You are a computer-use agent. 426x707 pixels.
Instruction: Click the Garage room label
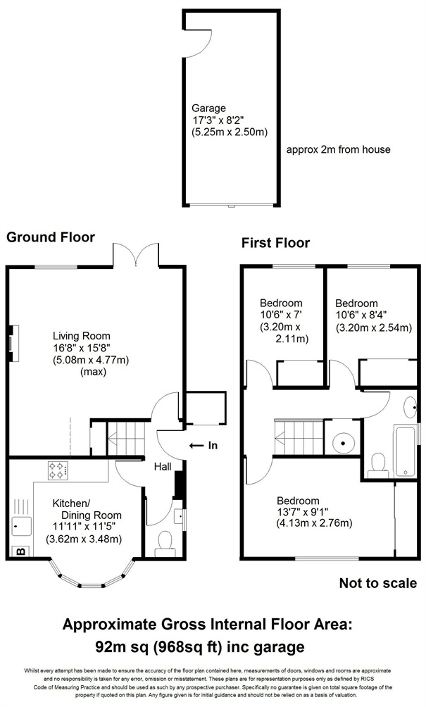click(209, 108)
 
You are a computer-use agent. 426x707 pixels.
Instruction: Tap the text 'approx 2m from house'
click(338, 150)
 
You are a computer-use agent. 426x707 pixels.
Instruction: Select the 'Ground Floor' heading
click(51, 237)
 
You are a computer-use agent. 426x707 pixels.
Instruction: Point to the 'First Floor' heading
click(275, 244)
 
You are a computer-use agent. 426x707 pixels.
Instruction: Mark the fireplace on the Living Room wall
click(12, 342)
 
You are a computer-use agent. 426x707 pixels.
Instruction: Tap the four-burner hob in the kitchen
click(57, 470)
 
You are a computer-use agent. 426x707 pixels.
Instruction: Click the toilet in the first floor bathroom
click(378, 463)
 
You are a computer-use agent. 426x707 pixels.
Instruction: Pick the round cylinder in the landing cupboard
click(343, 442)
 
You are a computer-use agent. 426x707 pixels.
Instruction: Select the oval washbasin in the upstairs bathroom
click(411, 406)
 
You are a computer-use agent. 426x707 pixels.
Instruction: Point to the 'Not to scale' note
click(377, 583)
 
